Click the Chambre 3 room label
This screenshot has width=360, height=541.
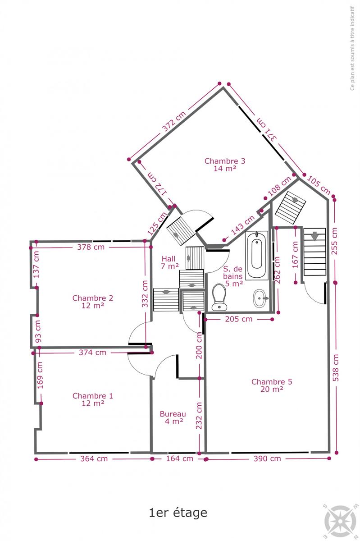225,165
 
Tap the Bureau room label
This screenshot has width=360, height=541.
173,417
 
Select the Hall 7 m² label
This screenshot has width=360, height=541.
169,262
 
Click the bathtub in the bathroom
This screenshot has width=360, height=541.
257,256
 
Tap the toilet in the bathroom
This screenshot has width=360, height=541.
219,297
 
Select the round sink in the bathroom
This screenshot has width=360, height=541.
260,298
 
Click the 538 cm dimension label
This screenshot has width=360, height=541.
336,367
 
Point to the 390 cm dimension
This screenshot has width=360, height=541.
267,458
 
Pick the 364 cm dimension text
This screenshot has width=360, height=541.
94,458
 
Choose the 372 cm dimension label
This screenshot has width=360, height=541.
174,121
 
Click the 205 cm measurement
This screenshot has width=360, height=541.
238,319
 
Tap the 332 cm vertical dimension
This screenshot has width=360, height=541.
145,293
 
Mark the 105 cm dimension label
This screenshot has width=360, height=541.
319,185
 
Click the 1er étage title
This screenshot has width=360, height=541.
178,513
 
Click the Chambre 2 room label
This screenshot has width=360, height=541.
93,302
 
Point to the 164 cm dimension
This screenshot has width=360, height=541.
179,458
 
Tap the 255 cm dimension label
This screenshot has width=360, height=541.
334,241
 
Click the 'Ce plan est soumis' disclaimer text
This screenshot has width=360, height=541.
352,48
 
